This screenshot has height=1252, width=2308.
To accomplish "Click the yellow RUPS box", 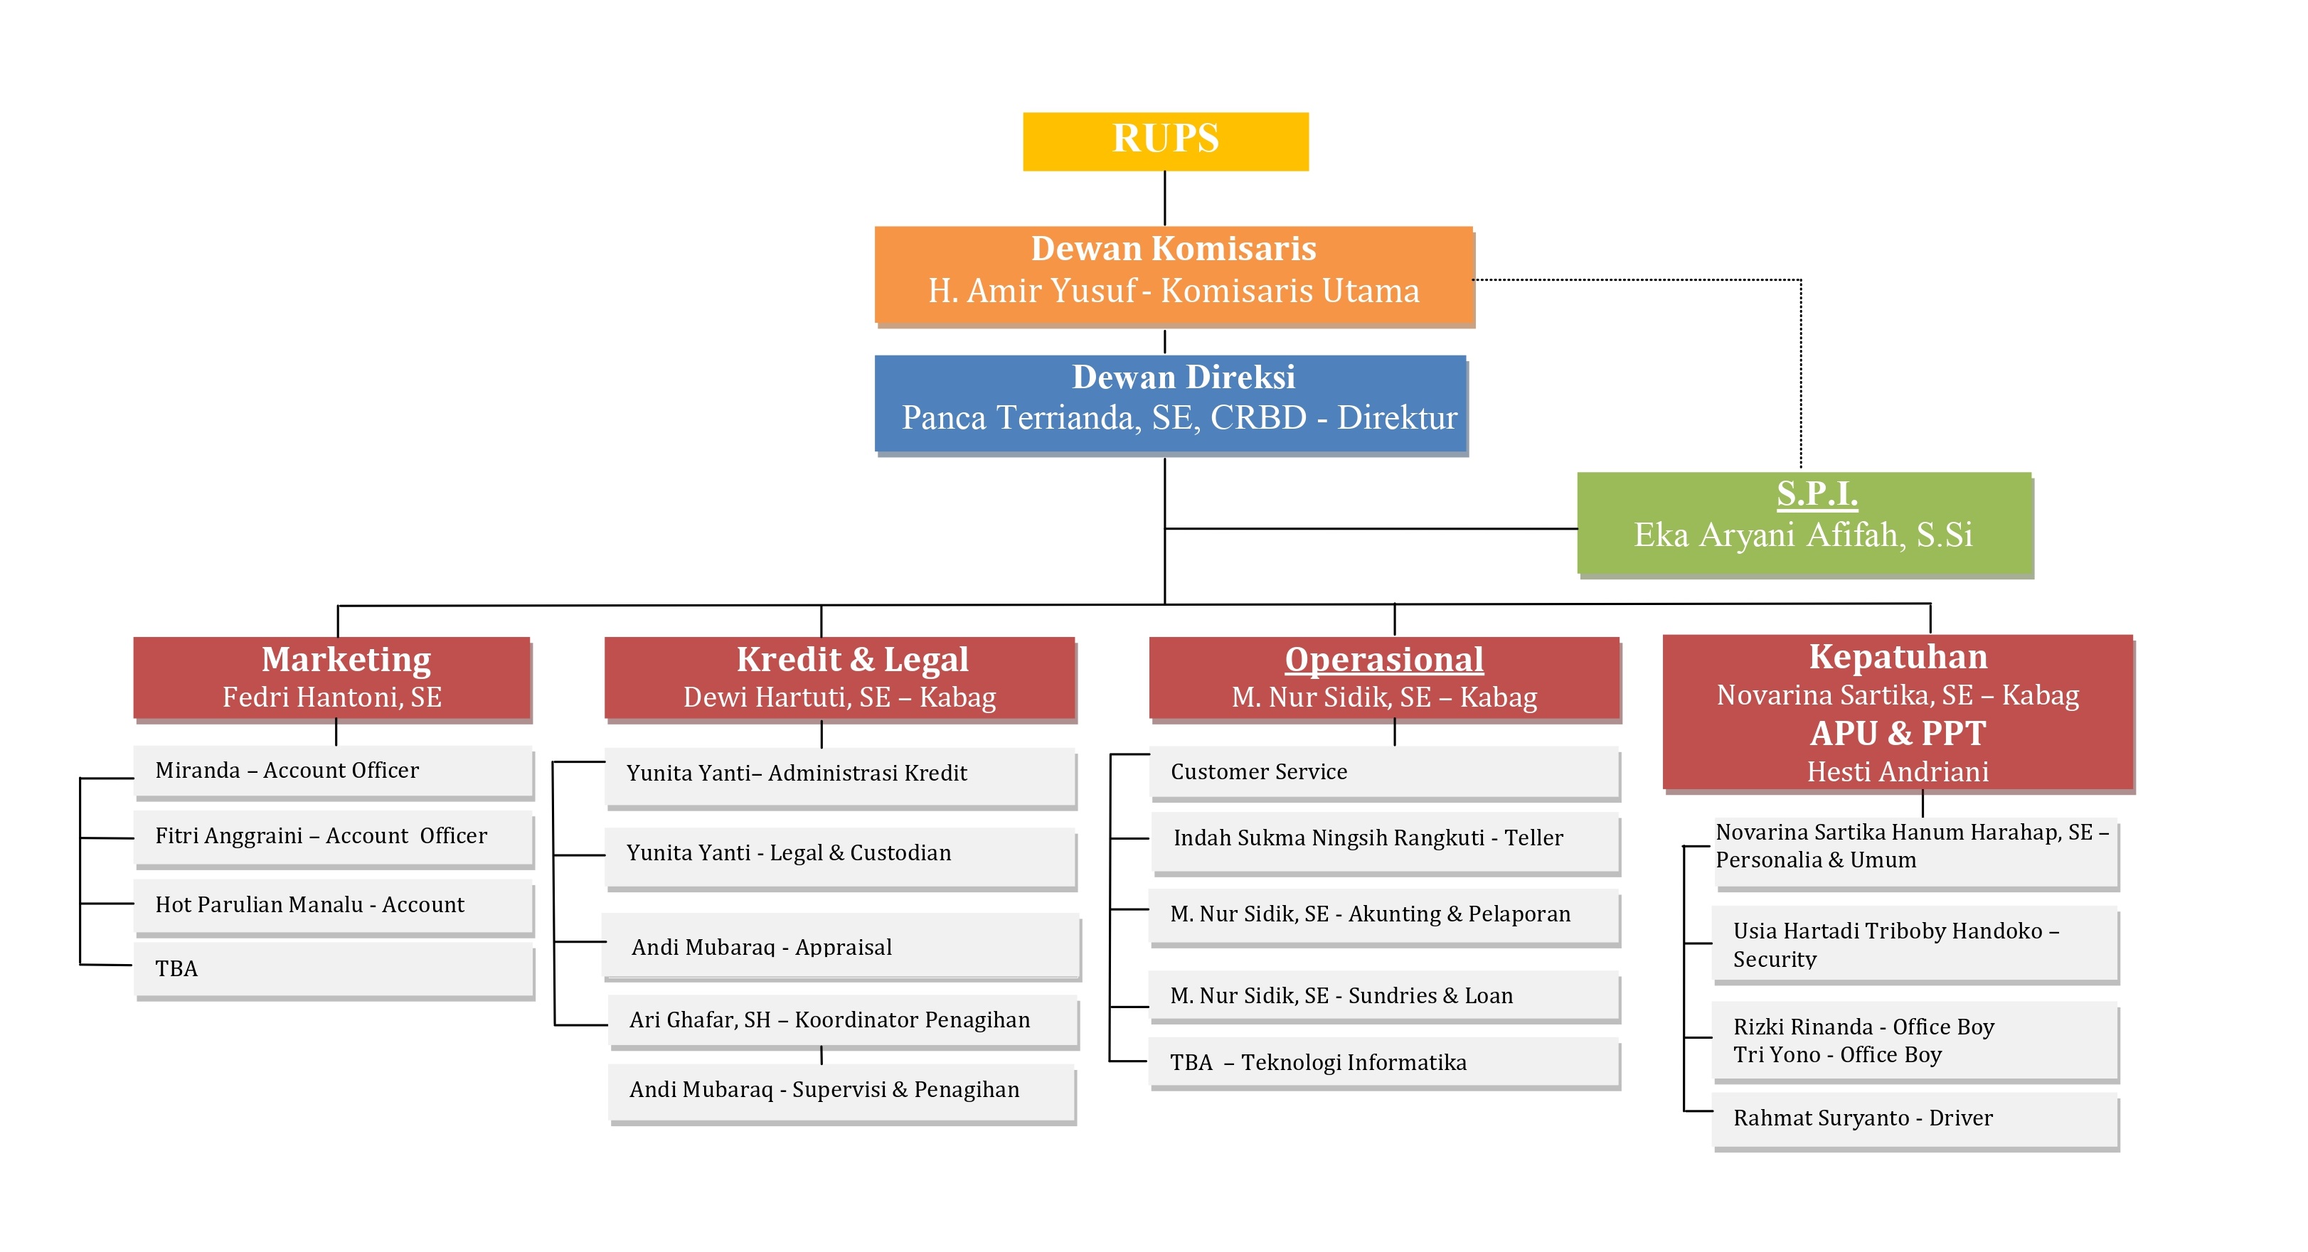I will click(x=1165, y=141).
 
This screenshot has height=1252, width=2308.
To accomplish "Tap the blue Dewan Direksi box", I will click(x=1170, y=403).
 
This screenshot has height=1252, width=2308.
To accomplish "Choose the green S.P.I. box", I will click(x=1804, y=522).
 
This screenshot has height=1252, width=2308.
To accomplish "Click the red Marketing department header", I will click(x=331, y=677).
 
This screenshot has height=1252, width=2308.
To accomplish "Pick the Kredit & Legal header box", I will click(x=839, y=677).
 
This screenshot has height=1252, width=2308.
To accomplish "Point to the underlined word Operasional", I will click(x=1383, y=660).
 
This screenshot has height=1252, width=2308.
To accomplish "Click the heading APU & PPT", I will click(x=1898, y=734).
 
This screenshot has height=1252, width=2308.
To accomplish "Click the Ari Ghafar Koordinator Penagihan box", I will click(x=842, y=1020).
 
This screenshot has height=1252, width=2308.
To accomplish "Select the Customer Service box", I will click(x=1383, y=772).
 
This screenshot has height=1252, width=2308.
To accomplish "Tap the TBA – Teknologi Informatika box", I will click(x=1383, y=1063).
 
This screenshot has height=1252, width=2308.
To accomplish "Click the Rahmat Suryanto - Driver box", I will click(x=1915, y=1118).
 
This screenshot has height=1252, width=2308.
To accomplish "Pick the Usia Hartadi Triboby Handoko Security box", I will click(x=1915, y=945).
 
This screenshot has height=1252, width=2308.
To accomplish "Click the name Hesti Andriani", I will click(x=1898, y=772).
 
